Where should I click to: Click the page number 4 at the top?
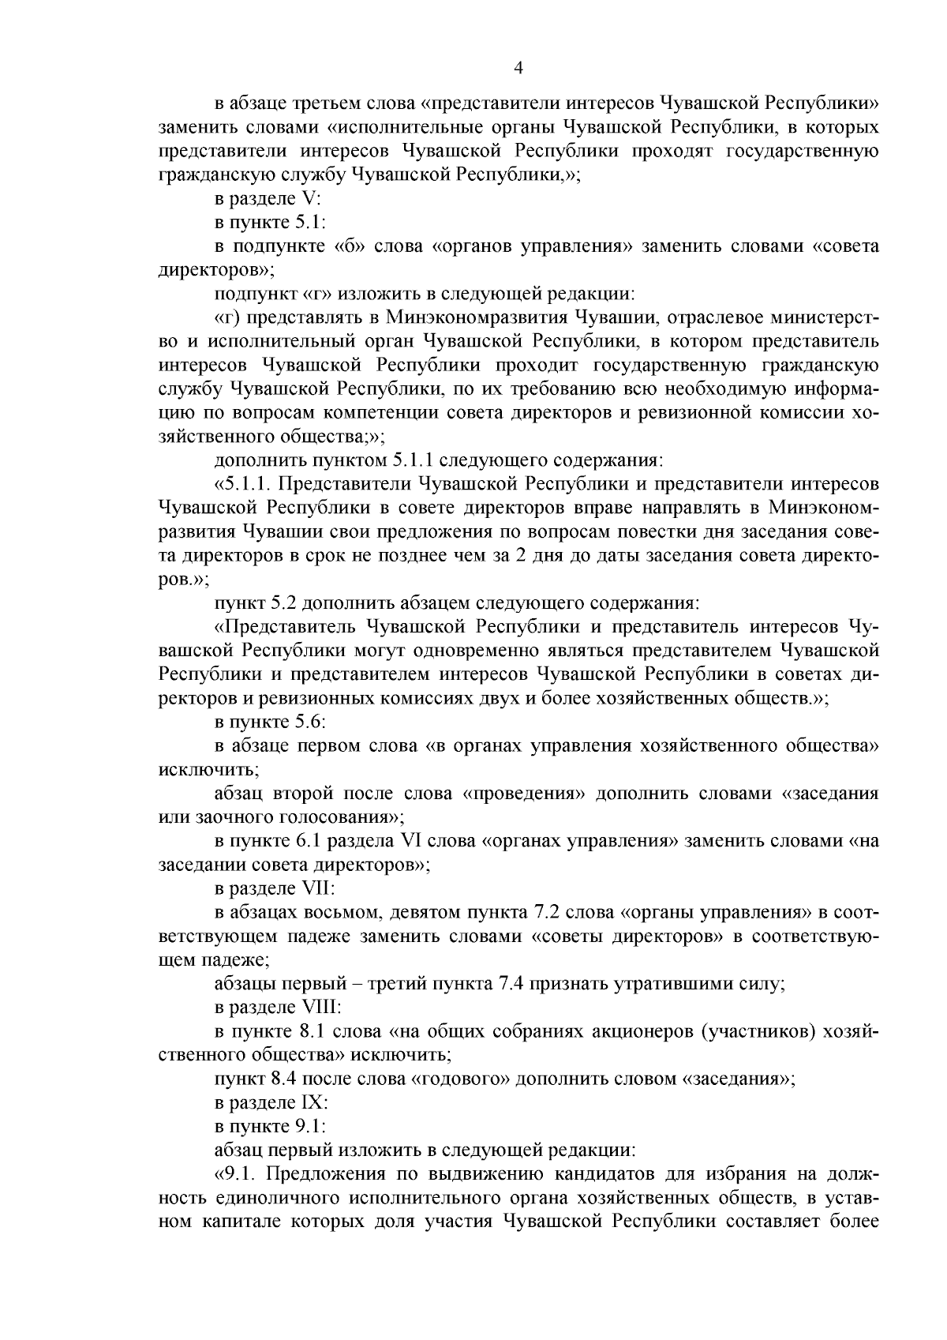518,68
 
